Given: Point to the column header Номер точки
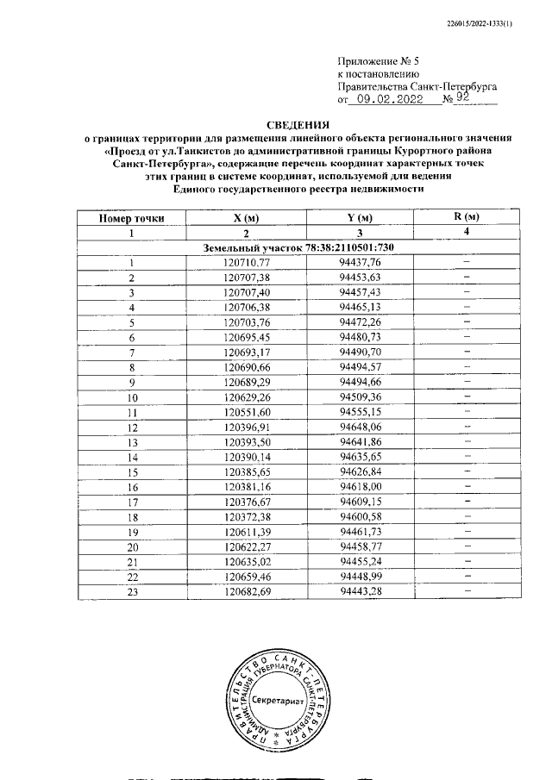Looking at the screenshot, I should click(x=132, y=218).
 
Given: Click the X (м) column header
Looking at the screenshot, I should click(x=247, y=218).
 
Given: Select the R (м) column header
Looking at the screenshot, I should click(x=466, y=217).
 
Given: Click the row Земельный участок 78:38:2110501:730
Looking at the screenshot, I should click(x=298, y=248).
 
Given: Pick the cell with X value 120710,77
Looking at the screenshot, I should click(x=247, y=263).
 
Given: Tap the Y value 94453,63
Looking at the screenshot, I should click(x=361, y=278).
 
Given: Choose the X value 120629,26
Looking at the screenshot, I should click(x=247, y=398).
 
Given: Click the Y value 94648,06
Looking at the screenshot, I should click(x=361, y=428).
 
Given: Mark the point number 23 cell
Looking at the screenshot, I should click(x=132, y=593).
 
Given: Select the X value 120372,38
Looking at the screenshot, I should click(x=247, y=518).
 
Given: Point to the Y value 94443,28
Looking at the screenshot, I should click(x=361, y=593).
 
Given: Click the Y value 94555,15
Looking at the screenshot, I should click(x=361, y=413).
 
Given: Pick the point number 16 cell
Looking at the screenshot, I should click(x=132, y=488).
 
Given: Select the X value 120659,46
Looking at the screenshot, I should click(x=247, y=578).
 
